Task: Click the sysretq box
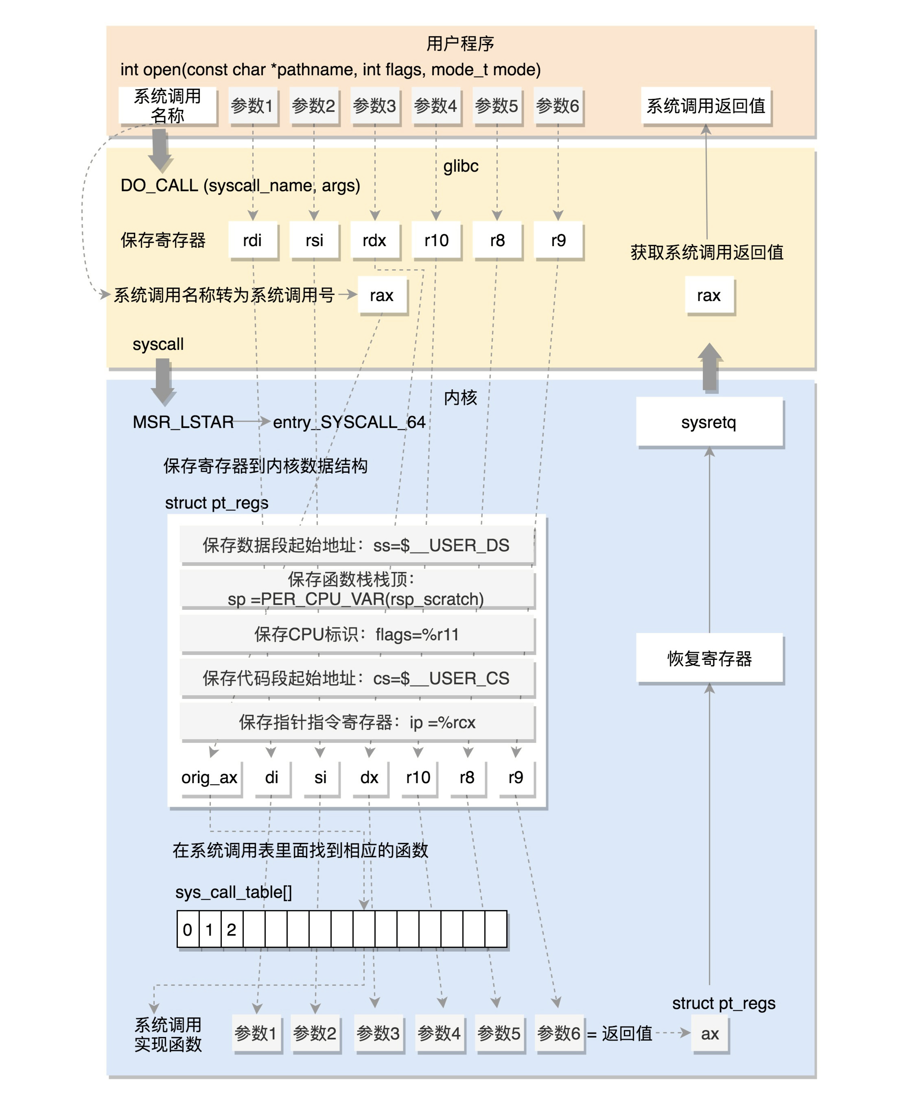pyautogui.click(x=709, y=422)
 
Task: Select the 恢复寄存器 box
pyautogui.click(x=709, y=658)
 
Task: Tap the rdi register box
pyautogui.click(x=253, y=240)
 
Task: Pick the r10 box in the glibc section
pyautogui.click(x=436, y=240)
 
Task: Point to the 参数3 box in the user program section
pyautogui.click(x=374, y=106)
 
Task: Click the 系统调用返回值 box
pyautogui.click(x=705, y=106)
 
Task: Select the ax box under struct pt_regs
pyautogui.click(x=709, y=1034)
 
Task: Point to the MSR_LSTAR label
pyautogui.click(x=183, y=422)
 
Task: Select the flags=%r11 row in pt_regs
pyautogui.click(x=357, y=634)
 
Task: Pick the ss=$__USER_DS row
pyautogui.click(x=357, y=545)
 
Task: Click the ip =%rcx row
pyautogui.click(x=357, y=722)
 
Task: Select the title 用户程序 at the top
pyautogui.click(x=460, y=44)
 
